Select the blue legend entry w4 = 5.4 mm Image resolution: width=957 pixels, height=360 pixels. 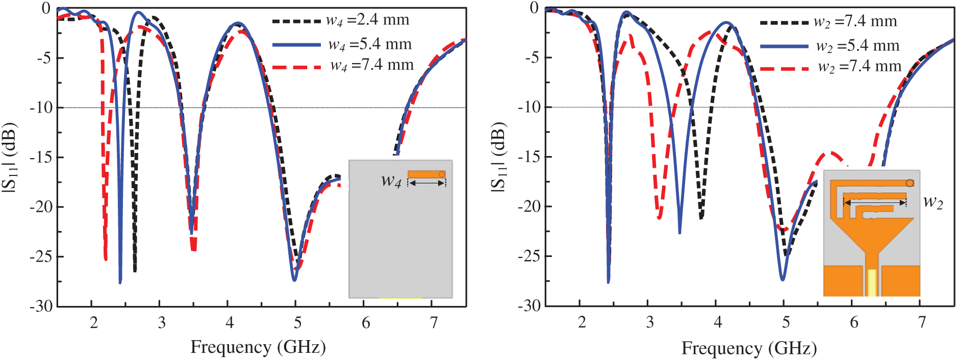[x=342, y=45]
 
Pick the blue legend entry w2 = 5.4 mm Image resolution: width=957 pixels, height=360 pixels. [x=829, y=46]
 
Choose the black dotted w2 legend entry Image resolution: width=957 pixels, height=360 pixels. [x=828, y=22]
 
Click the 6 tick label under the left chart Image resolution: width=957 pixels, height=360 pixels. [x=366, y=323]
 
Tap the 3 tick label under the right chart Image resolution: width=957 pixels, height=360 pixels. [x=650, y=322]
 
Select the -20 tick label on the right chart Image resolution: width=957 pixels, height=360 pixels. [x=529, y=207]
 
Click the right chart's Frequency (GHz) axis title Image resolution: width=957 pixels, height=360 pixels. [x=749, y=348]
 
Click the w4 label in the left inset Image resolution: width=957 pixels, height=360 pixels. [x=391, y=181]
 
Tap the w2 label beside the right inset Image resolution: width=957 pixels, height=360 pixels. [x=933, y=202]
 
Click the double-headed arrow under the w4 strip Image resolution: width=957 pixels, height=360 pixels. [x=426, y=183]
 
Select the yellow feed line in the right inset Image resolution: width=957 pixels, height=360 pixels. [x=872, y=282]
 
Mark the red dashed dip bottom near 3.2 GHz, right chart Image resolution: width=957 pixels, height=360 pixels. [x=660, y=218]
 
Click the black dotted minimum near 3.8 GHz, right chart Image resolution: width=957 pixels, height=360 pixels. [x=701, y=218]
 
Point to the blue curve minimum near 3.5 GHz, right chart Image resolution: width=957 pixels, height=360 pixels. [x=679, y=233]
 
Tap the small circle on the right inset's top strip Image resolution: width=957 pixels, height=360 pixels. [x=910, y=183]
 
